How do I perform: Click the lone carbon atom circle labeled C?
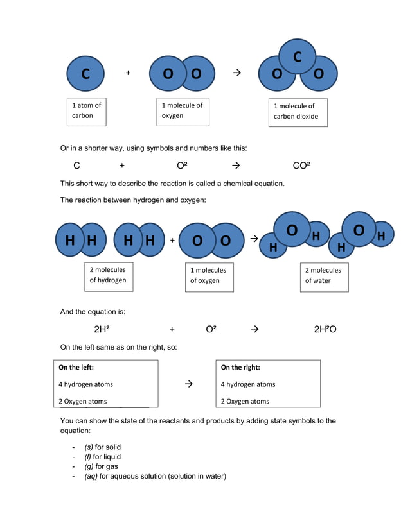click(85, 74)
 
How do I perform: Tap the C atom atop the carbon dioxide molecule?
click(297, 57)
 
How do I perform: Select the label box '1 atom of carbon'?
click(87, 111)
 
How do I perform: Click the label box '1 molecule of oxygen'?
click(183, 111)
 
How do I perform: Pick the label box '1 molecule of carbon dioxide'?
click(298, 112)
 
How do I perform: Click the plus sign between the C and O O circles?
click(128, 73)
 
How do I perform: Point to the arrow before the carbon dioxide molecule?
click(236, 73)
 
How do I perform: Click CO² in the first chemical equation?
click(301, 166)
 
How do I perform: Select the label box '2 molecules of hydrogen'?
click(109, 276)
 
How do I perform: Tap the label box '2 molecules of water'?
click(324, 277)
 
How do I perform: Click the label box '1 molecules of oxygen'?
click(209, 277)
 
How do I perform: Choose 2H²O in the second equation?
click(325, 329)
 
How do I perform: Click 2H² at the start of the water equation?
click(102, 329)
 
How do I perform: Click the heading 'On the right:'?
click(240, 368)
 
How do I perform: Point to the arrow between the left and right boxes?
click(188, 384)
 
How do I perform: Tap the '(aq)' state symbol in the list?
click(91, 476)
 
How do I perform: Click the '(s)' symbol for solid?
click(89, 447)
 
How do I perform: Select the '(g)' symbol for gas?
click(89, 466)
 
